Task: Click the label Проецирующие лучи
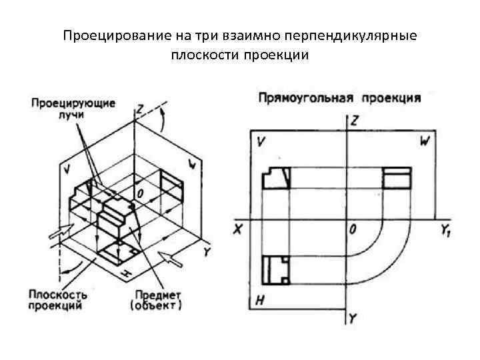coord(73,109)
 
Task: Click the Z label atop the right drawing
coord(354,121)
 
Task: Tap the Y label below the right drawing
coord(353,319)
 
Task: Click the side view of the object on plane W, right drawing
coord(397,178)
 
